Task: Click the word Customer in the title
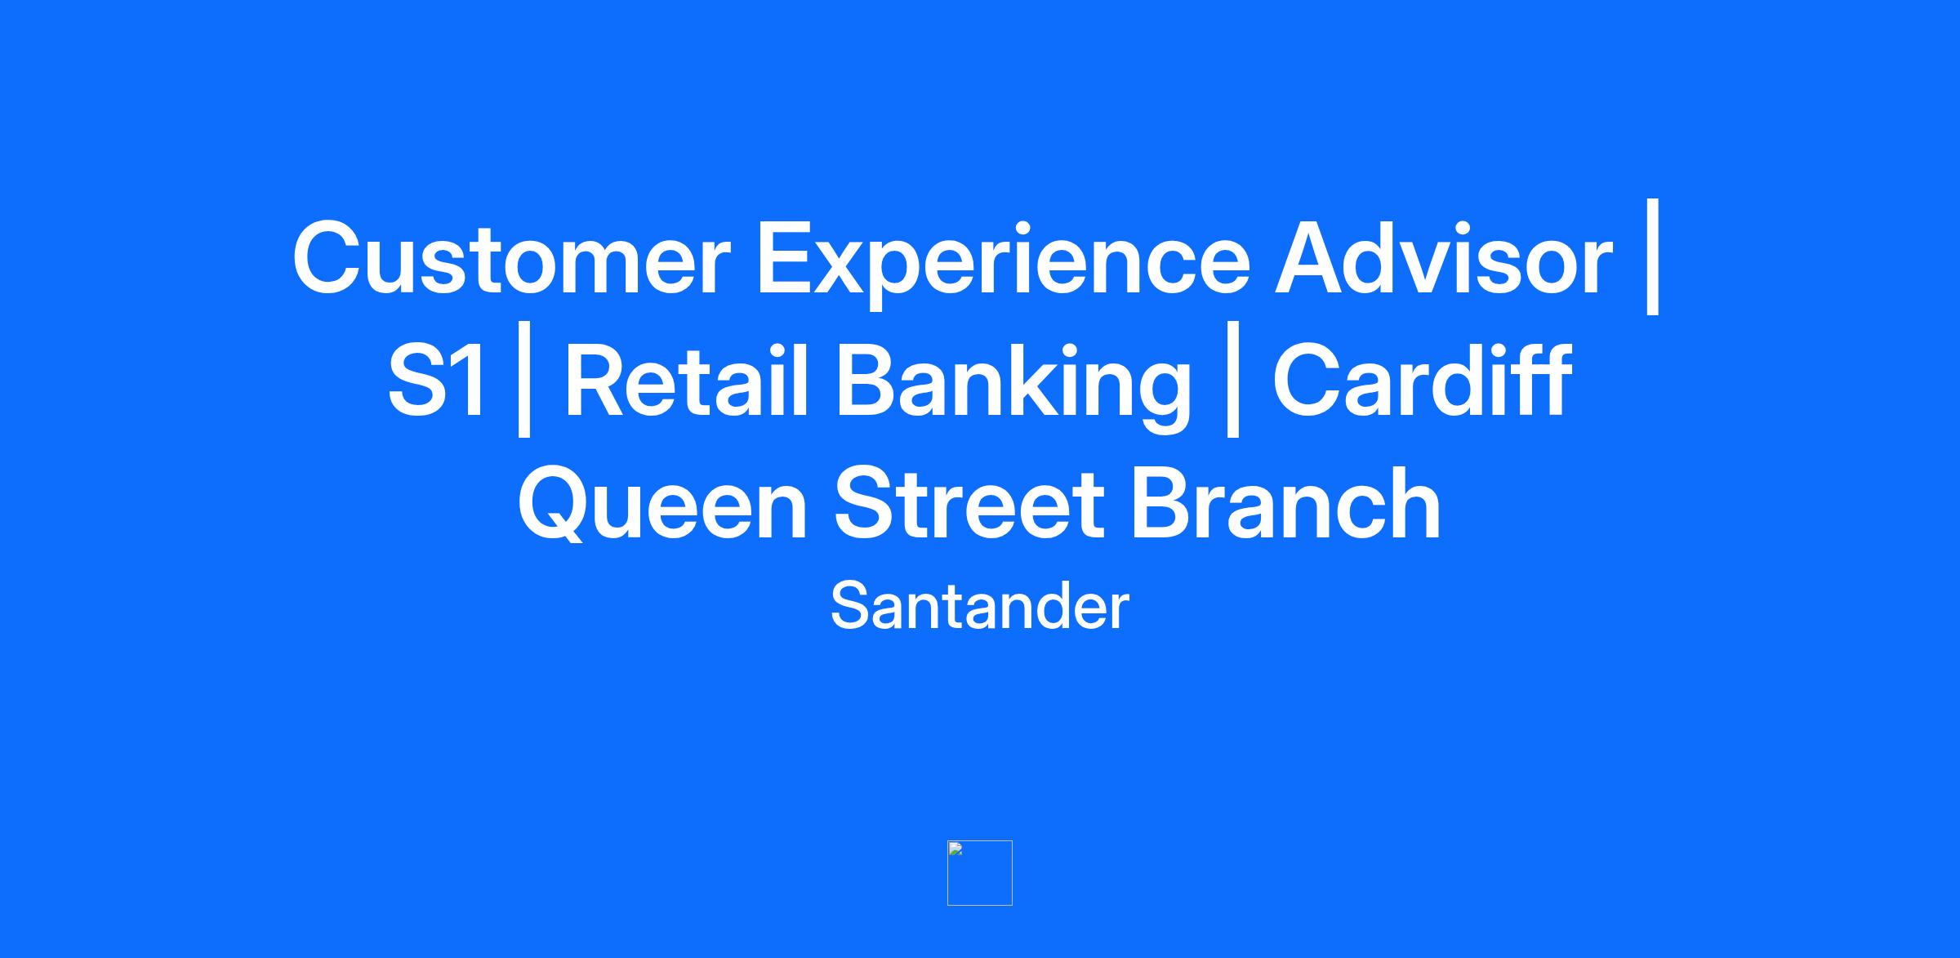tap(510, 258)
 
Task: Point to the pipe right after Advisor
tap(1654, 256)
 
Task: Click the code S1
tap(437, 381)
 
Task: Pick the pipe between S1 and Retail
tap(524, 379)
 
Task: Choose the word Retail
tap(686, 381)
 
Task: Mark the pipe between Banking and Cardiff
tap(1233, 379)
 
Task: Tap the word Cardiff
tap(1422, 381)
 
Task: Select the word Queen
tap(663, 504)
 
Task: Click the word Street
tap(969, 504)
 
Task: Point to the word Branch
tap(1286, 503)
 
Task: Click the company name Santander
tap(979, 606)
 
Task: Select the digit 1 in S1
tap(470, 381)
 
